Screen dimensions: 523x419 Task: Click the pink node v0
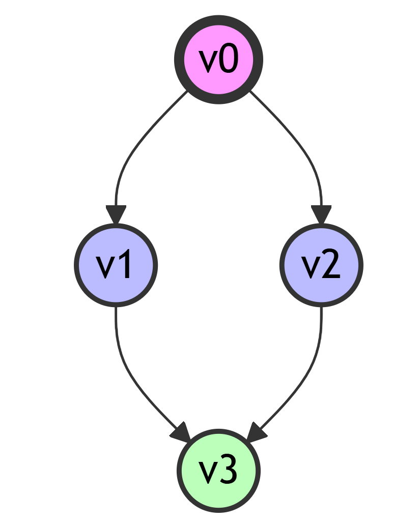(x=218, y=60)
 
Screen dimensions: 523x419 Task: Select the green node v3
(x=218, y=471)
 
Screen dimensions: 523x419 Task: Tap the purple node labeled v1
(x=116, y=265)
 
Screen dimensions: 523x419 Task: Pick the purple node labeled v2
(x=321, y=265)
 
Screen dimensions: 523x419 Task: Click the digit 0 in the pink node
(x=229, y=60)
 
